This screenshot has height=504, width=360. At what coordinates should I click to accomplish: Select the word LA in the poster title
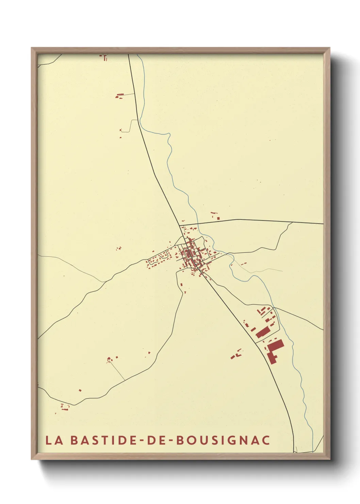54,440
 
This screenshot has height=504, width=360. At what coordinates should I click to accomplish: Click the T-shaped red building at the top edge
105,58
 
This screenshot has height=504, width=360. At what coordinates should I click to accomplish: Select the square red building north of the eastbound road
218,218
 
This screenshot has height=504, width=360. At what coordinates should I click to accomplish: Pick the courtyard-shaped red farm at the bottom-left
65,407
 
